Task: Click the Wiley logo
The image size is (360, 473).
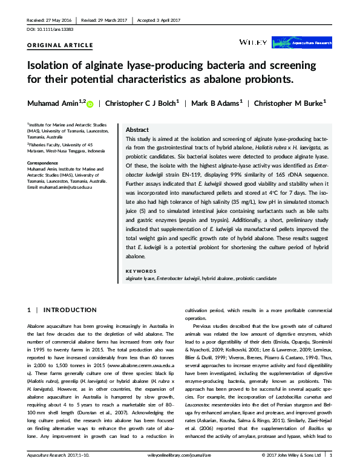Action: click(253, 43)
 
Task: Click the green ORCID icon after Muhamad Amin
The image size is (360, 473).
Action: click(90, 105)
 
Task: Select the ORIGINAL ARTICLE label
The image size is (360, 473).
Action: click(61, 45)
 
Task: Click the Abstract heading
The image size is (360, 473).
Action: click(137, 130)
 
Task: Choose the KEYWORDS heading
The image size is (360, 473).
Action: click(140, 270)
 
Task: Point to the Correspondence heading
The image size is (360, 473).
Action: click(45, 163)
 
